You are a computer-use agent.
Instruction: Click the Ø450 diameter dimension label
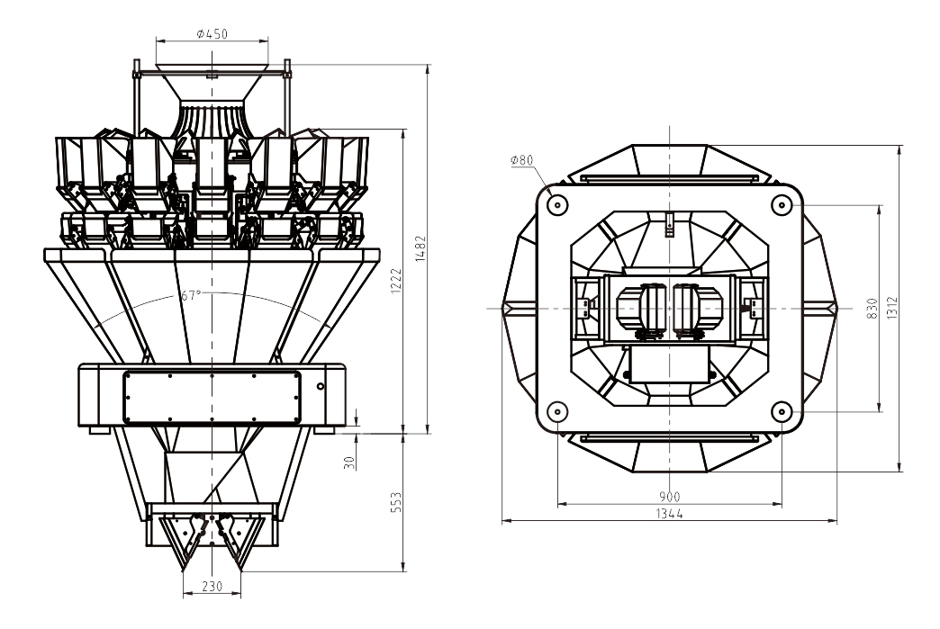[212, 34]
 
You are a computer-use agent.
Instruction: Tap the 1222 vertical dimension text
[397, 280]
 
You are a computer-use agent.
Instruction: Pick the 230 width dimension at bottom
[212, 586]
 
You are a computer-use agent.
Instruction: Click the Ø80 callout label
[521, 160]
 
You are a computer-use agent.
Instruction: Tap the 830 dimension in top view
[872, 309]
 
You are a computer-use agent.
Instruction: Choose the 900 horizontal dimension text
[669, 497]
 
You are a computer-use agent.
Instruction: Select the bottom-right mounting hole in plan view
[782, 412]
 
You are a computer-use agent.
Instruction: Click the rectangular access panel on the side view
[211, 397]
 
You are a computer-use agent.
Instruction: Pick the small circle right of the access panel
[321, 386]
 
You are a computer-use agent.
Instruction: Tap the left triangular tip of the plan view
[507, 308]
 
